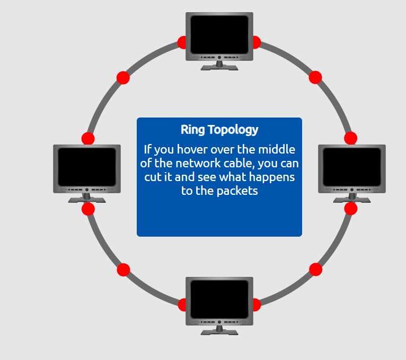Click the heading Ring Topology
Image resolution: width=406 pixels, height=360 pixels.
pyautogui.click(x=219, y=130)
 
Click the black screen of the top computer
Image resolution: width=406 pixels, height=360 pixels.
pyautogui.click(x=219, y=34)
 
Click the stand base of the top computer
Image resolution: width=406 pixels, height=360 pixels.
pyautogui.click(x=219, y=67)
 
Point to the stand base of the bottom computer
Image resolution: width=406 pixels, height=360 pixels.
pyautogui.click(x=219, y=332)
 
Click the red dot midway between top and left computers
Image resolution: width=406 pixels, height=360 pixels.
pyautogui.click(x=123, y=78)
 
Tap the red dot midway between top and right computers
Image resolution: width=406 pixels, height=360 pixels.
pyautogui.click(x=315, y=77)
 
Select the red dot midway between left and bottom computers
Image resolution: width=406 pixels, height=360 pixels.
pyautogui.click(x=123, y=270)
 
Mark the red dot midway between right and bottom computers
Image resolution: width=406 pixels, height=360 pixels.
pyautogui.click(x=316, y=269)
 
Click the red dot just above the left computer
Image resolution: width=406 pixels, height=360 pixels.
pyautogui.click(x=88, y=139)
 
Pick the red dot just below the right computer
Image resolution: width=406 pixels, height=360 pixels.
pyautogui.click(x=350, y=209)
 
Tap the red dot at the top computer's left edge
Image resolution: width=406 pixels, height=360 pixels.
pyautogui.click(x=182, y=42)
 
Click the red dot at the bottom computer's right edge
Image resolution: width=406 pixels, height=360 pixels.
pyautogui.click(x=256, y=305)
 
